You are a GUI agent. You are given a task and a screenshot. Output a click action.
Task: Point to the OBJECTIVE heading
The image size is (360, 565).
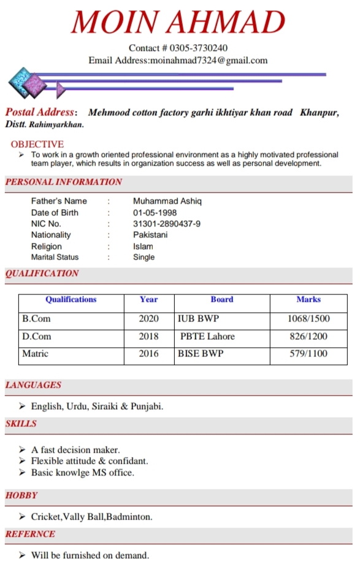tap(37, 144)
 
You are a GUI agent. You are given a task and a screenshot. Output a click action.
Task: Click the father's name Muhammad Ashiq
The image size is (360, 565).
tap(167, 201)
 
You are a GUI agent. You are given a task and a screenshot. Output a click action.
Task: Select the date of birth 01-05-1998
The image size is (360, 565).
tap(155, 213)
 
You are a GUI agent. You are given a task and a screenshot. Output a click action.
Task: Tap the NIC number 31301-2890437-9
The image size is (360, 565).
tap(166, 224)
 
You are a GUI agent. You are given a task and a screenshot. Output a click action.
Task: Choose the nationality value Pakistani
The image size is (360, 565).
tap(150, 235)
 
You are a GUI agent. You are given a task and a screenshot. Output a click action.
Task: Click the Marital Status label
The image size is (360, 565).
tap(55, 257)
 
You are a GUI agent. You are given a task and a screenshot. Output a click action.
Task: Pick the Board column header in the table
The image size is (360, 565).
tap(221, 300)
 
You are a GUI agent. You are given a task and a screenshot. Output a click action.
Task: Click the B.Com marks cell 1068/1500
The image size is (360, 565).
tap(308, 319)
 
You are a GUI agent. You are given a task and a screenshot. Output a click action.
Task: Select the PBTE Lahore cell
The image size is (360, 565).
tap(207, 336)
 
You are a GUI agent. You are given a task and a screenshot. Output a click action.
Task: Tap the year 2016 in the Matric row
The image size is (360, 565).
tap(148, 353)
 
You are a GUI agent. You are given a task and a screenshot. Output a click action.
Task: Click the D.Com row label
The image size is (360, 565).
tap(37, 336)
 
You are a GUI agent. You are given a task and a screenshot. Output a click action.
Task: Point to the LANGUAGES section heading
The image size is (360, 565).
tap(33, 385)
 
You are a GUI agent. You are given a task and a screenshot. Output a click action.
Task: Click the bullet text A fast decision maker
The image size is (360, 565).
tap(75, 450)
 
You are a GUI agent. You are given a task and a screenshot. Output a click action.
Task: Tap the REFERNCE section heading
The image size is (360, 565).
tap(30, 534)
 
